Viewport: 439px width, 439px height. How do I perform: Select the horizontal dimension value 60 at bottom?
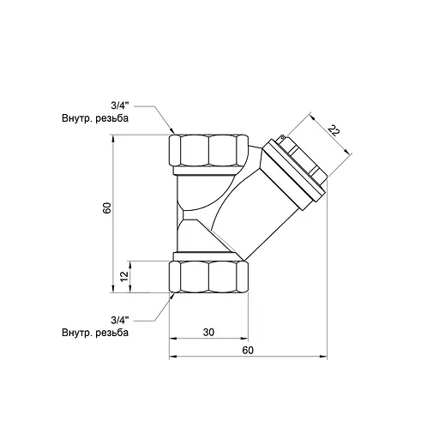[x=248, y=349]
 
